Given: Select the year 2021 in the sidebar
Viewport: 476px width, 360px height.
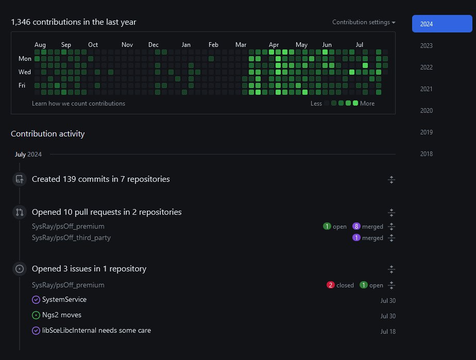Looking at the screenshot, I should (426, 89).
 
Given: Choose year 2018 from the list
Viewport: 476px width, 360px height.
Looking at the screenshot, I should (426, 154).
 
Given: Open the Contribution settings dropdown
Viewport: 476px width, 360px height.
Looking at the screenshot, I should (364, 22).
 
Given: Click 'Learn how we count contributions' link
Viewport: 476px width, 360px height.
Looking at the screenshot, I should (78, 104).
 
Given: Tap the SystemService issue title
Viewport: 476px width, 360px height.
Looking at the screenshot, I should (64, 300).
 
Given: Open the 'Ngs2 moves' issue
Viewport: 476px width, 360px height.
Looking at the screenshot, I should (62, 315).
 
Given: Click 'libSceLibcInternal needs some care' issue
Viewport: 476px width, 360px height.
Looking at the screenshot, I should (96, 331).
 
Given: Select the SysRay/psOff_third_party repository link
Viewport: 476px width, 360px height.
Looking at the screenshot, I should (71, 238).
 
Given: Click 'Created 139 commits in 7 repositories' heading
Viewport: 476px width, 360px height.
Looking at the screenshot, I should (101, 179).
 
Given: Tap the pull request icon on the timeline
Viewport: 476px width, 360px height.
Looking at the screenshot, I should (20, 212).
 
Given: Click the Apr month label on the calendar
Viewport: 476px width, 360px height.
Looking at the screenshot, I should (274, 45).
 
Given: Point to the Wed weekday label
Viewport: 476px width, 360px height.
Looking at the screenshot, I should (25, 72).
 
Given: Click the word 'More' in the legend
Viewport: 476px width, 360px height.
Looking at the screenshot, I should (367, 104).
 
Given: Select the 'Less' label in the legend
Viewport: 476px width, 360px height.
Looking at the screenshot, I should (316, 104).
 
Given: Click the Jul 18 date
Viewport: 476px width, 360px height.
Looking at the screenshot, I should (388, 331).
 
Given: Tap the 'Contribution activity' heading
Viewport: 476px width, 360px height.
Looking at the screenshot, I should (48, 134).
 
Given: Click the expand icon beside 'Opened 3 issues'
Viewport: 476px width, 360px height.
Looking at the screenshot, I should (391, 269).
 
